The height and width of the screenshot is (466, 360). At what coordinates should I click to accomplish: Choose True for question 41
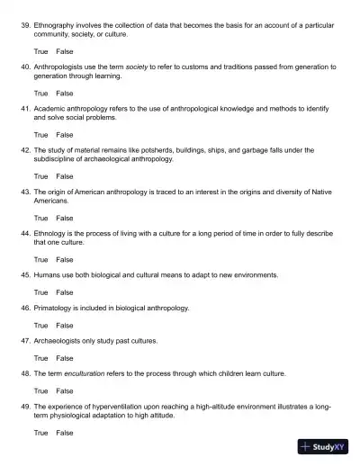(41, 134)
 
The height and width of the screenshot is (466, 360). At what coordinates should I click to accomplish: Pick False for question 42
(65, 175)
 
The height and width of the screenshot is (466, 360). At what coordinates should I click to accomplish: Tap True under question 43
(41, 218)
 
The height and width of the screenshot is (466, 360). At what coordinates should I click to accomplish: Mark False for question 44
(65, 259)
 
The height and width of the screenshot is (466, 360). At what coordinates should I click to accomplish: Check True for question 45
(41, 292)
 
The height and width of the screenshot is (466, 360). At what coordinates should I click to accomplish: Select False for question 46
(65, 325)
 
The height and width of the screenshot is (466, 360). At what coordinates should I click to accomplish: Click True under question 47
(41, 358)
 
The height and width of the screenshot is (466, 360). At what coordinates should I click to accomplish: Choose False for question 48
(65, 391)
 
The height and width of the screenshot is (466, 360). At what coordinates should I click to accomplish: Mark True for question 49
(41, 433)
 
